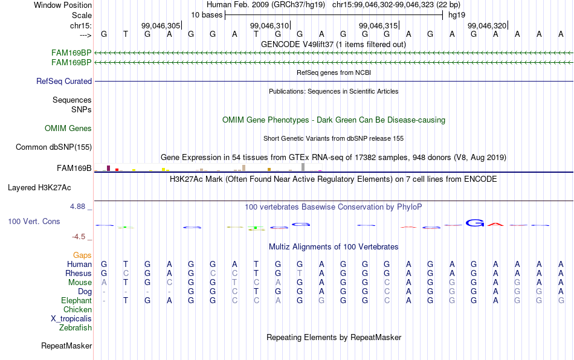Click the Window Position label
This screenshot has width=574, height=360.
click(63, 5)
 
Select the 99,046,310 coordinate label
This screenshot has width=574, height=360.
click(269, 25)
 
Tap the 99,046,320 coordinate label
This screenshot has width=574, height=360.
click(487, 25)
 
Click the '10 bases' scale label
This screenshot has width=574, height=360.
click(207, 15)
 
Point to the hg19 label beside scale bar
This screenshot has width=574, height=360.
click(457, 15)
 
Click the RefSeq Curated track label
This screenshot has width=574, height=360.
click(64, 81)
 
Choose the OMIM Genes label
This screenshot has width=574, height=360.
click(68, 129)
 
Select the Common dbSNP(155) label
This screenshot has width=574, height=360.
click(54, 147)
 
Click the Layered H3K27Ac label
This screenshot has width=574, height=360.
click(39, 188)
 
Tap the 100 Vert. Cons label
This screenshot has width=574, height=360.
click(34, 221)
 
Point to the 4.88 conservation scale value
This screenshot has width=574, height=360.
click(77, 207)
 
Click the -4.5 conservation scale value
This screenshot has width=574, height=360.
click(79, 237)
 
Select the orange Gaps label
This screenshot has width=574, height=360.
click(82, 255)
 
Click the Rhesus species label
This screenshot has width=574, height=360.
click(79, 273)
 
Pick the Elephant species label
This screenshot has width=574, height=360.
click(77, 300)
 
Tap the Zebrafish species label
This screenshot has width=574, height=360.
click(76, 327)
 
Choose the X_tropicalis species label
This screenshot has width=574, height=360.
click(71, 319)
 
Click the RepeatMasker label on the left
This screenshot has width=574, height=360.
click(66, 346)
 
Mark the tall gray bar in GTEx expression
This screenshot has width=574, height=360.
click(303, 167)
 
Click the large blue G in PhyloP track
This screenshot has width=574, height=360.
click(475, 222)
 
